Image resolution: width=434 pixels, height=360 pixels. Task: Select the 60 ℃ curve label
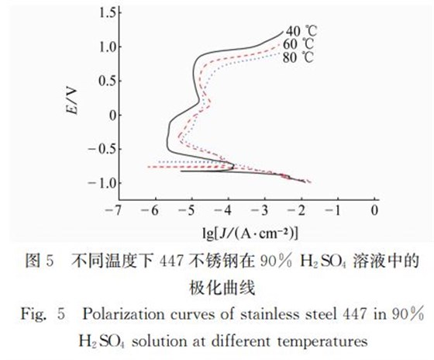[301, 44]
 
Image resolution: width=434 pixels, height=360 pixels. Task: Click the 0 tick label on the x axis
[375, 210]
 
